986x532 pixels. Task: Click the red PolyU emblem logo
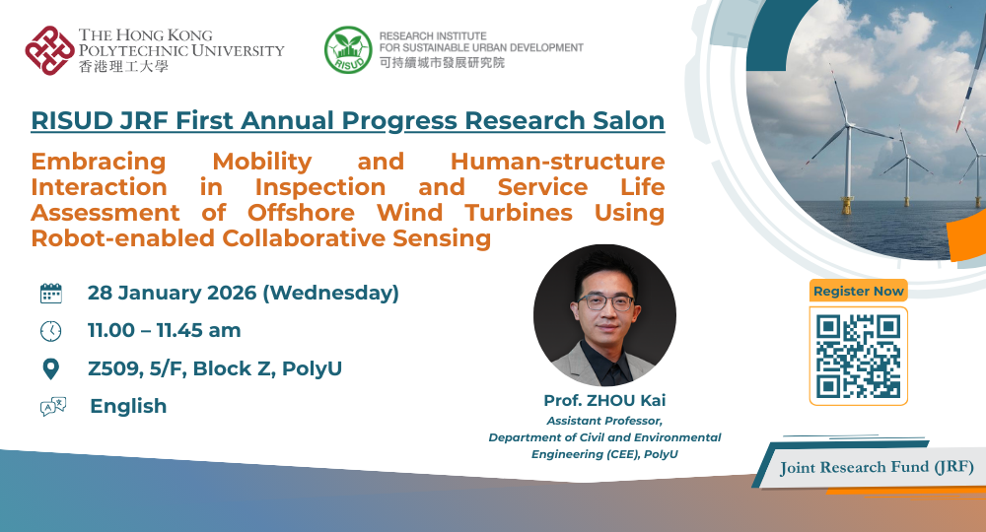coord(49,49)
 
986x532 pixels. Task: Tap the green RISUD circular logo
coord(348,49)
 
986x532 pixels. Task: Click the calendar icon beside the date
coord(51,293)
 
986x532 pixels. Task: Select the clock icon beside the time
coord(51,330)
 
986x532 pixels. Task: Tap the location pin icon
coord(51,368)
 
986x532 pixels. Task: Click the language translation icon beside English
coord(52,406)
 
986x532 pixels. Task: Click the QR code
coord(858,356)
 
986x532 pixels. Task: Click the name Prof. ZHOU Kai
coord(603,401)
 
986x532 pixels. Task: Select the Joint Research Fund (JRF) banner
coord(873,467)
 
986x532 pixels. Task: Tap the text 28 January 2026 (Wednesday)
coord(244,293)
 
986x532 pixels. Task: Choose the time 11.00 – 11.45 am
coord(165,330)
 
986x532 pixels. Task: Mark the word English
coord(128,406)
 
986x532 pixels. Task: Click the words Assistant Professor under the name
coord(603,422)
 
